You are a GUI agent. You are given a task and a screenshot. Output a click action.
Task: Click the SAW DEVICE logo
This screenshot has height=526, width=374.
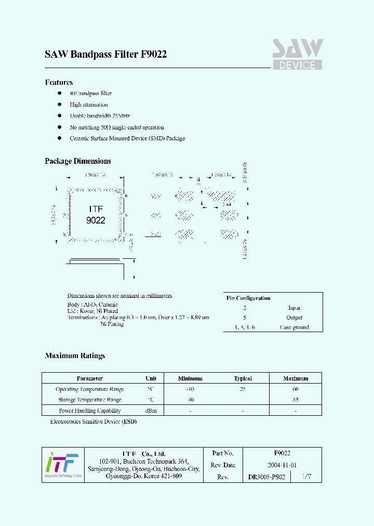point(298,55)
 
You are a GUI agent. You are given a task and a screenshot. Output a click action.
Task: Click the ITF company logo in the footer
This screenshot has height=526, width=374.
point(62,465)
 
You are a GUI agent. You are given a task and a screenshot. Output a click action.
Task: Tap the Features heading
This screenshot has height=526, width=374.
point(59,82)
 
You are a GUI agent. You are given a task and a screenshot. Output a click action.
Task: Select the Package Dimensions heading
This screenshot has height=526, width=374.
point(78,161)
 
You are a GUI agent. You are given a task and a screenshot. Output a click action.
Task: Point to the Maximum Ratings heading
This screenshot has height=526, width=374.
point(75,356)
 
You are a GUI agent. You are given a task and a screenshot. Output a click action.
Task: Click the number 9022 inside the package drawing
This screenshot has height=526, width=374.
point(96,220)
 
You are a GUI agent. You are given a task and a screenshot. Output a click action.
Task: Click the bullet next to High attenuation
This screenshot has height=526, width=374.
point(59,104)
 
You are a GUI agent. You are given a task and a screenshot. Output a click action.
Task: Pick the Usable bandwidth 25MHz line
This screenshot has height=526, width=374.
point(100,116)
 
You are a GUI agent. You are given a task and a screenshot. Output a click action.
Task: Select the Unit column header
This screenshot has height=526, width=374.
point(151,378)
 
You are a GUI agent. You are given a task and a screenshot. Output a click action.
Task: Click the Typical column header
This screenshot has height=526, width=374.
point(243,378)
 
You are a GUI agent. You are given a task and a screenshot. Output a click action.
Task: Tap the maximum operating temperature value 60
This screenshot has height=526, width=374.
point(295,389)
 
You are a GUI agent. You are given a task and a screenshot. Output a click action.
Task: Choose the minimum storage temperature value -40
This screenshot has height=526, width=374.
point(190,400)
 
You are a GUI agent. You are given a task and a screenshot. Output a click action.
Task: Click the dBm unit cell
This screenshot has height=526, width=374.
point(151,411)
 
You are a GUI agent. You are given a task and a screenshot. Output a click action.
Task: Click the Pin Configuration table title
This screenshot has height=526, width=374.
point(248,298)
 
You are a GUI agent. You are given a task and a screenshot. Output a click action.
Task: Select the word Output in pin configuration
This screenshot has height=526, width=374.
point(294,318)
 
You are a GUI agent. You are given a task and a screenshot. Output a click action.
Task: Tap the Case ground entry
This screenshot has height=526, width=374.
point(294,327)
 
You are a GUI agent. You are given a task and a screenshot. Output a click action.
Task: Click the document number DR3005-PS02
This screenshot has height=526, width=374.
point(266,477)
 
